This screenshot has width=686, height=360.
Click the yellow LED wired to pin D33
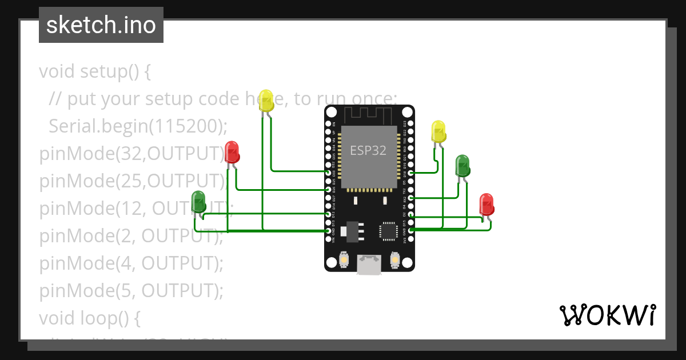[x=266, y=101]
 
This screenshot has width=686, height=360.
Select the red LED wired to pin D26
[x=232, y=151]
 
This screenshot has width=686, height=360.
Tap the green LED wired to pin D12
[x=198, y=202]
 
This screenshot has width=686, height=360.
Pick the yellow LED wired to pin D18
[x=438, y=131]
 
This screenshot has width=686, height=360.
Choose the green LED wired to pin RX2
[x=462, y=166]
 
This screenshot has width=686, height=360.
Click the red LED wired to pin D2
[x=486, y=204]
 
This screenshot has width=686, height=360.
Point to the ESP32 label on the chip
[x=368, y=151]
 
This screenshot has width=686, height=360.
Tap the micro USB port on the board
[x=369, y=263]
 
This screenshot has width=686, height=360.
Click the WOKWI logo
[x=607, y=315]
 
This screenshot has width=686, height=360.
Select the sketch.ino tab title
[x=101, y=25]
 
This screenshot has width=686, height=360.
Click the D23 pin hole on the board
[x=410, y=123]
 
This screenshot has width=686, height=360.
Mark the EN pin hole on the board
[x=329, y=123]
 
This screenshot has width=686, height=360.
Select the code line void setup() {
[x=95, y=71]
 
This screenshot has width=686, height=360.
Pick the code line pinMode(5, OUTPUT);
[x=131, y=291]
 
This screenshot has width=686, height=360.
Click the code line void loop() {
[x=89, y=318]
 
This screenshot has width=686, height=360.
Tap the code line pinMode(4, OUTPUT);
[x=131, y=263]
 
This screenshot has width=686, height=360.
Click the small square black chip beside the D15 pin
[x=387, y=230]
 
